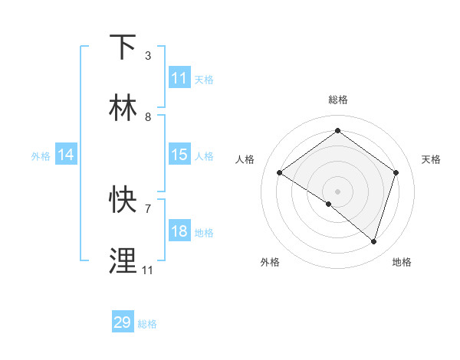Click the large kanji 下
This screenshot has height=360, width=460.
click(x=123, y=47)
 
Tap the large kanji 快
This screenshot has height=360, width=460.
click(x=123, y=200)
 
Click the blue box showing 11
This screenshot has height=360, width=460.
click(x=179, y=78)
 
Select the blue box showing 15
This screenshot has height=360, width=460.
click(x=179, y=155)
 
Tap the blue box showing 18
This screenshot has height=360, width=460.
click(x=179, y=231)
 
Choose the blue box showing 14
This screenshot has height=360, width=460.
click(x=66, y=155)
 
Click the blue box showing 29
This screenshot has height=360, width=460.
click(x=123, y=322)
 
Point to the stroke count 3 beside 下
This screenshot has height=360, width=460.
click(x=148, y=55)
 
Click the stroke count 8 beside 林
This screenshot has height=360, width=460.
click(x=148, y=117)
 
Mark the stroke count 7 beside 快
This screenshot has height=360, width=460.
click(x=148, y=208)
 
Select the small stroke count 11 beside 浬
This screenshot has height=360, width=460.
click(x=148, y=270)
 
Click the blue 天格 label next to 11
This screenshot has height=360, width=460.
click(x=204, y=79)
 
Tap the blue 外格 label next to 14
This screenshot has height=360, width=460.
click(x=41, y=155)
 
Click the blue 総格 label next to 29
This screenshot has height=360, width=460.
click(x=147, y=324)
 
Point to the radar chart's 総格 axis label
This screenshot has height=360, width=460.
click(x=337, y=100)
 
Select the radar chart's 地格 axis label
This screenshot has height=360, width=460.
click(x=402, y=262)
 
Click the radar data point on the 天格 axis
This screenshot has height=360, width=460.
click(x=396, y=172)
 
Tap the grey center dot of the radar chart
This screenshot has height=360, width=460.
click(x=337, y=191)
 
